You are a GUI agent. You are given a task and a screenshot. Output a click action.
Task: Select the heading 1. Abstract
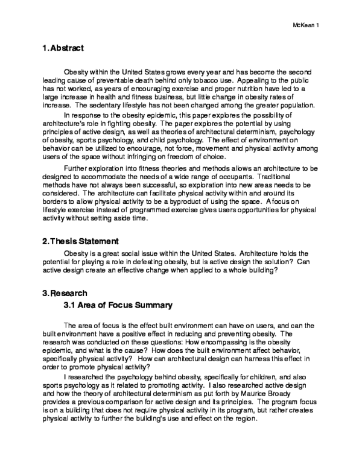point(63,48)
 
